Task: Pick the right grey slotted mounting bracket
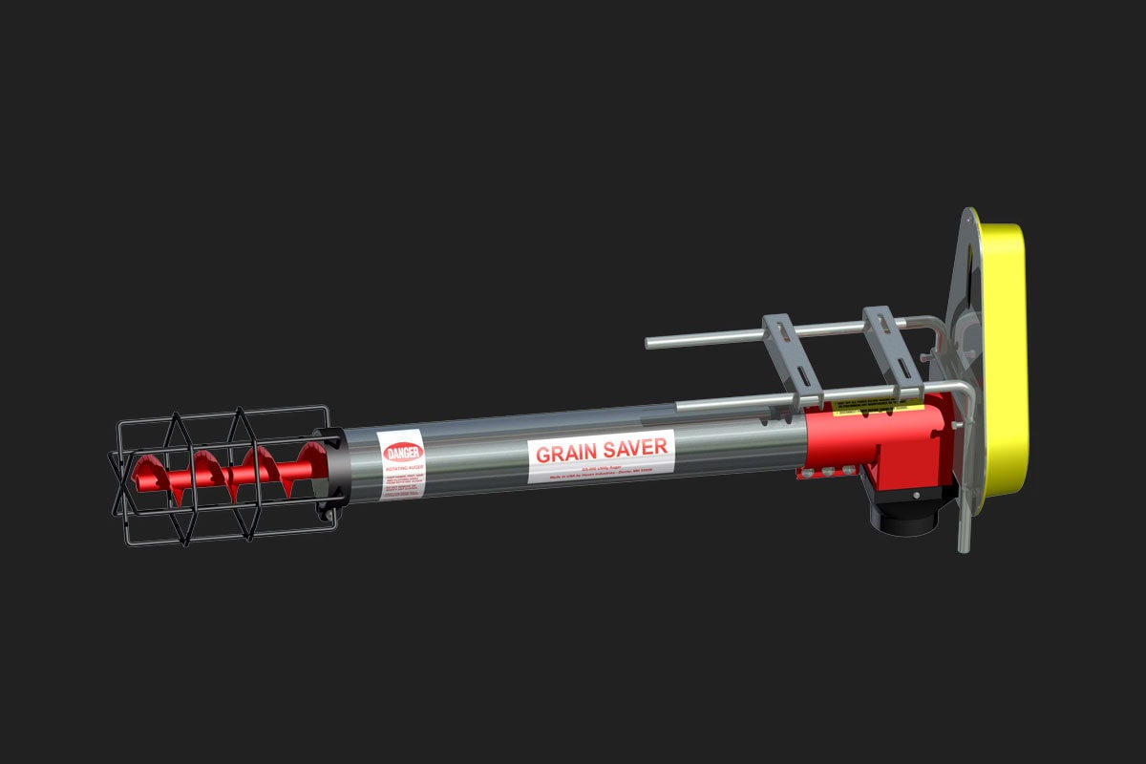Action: pos(891,349)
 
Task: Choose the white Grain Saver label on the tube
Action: pos(602,456)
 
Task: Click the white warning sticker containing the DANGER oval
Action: pos(401,465)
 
